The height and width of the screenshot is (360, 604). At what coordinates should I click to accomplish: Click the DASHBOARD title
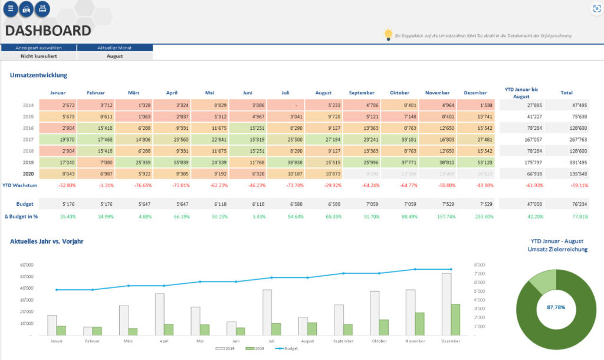click(x=48, y=31)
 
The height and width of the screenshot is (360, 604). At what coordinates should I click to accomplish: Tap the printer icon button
click(x=42, y=9)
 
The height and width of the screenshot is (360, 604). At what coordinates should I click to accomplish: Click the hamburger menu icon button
click(x=11, y=9)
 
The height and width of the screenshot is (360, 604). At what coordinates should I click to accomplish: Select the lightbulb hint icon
click(x=388, y=34)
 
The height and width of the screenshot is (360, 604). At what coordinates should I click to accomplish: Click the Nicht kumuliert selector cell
click(x=39, y=56)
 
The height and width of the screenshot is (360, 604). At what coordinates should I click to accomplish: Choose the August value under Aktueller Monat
click(x=114, y=56)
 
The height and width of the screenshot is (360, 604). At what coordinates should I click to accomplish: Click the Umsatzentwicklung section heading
click(x=38, y=75)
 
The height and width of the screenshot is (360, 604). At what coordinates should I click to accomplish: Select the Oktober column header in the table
click(x=399, y=93)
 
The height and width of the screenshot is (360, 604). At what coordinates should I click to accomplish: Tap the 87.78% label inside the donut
click(x=555, y=307)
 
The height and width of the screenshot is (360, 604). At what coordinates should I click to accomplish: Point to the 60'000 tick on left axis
click(x=26, y=265)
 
